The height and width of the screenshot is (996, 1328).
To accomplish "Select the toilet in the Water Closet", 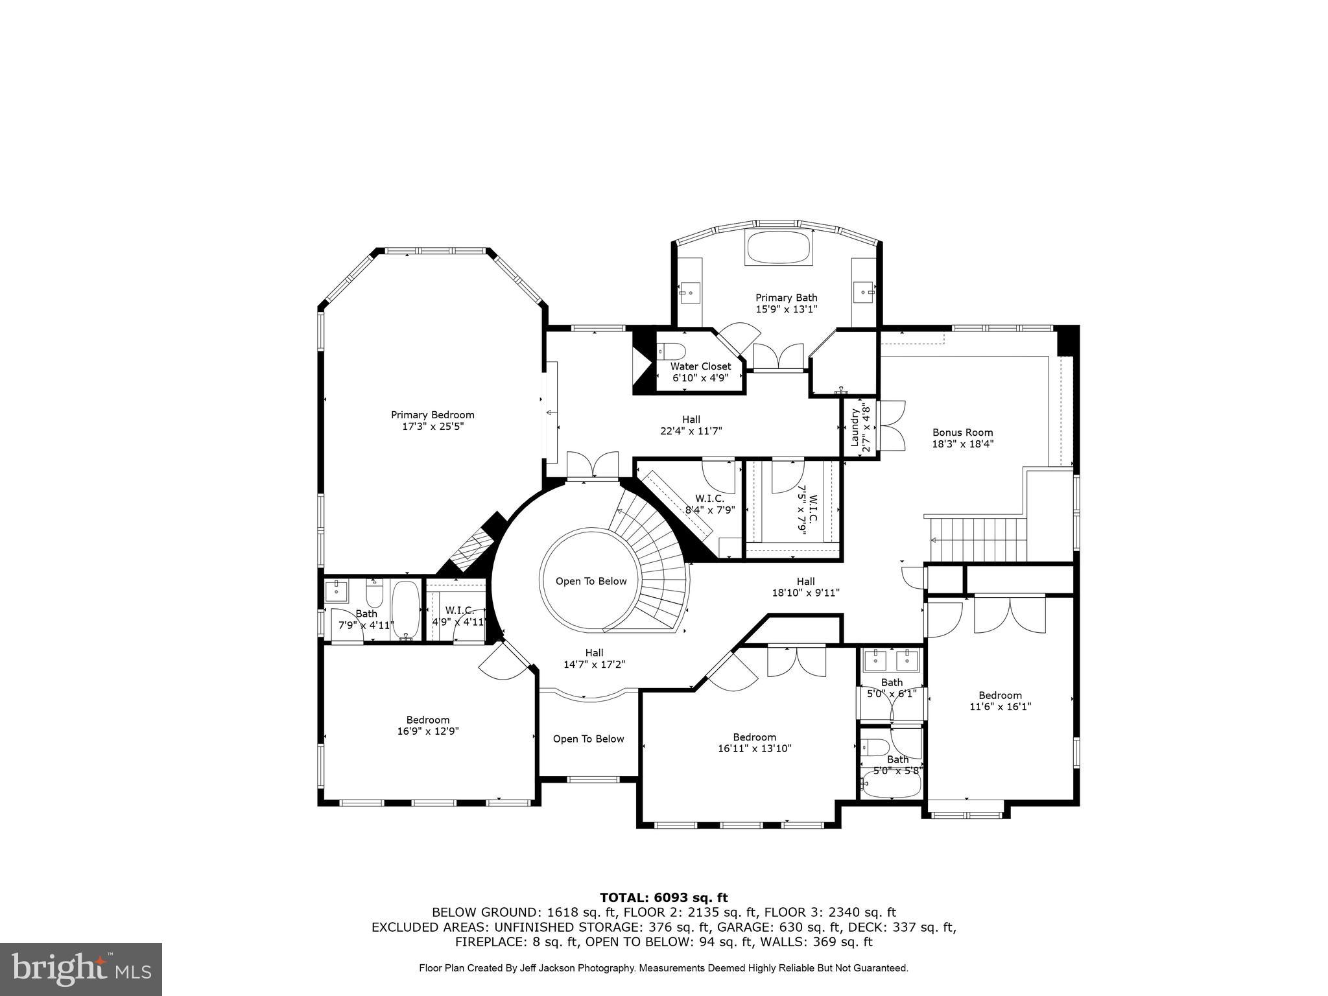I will pos(674,351).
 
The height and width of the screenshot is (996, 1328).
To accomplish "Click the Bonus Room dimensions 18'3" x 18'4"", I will pos(962,444).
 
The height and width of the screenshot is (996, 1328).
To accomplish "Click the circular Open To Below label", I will pos(591,581).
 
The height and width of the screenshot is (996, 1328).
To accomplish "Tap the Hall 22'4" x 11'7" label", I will pos(691,425).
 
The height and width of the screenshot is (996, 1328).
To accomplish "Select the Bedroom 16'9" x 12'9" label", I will pos(428,725).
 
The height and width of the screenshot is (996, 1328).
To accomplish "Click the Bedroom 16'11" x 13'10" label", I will pos(754,742).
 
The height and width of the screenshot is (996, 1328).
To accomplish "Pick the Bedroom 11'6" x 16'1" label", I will pos(1000,700).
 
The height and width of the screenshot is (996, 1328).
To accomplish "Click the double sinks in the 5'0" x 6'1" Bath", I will pos(891,660).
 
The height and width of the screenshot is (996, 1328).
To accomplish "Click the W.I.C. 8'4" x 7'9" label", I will pos(709,504).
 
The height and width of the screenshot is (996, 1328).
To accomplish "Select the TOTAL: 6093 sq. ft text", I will pos(663,897).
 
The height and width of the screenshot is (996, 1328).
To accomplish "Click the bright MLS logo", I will pos(81,969).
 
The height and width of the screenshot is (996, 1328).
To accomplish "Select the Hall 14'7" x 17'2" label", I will pos(594,658).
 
